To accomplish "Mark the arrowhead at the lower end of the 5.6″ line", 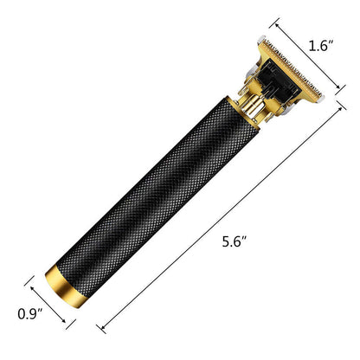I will [x=101, y=329].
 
